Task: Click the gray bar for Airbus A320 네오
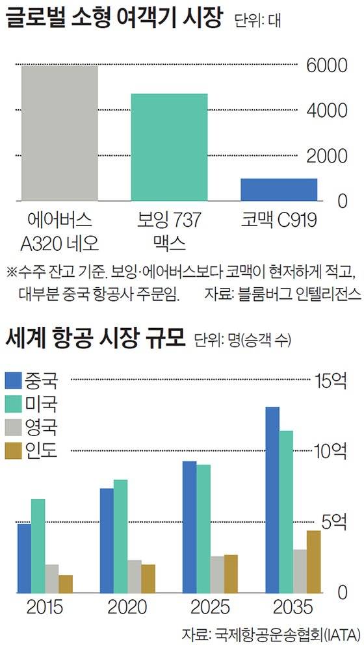click(x=59, y=133)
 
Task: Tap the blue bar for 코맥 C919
click(x=278, y=189)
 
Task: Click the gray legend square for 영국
click(x=14, y=427)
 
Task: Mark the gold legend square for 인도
click(x=14, y=450)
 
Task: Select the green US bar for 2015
click(x=38, y=545)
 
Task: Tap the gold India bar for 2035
click(x=314, y=561)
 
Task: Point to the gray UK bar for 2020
click(x=135, y=576)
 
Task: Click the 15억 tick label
click(x=331, y=380)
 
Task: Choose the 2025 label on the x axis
click(x=210, y=608)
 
